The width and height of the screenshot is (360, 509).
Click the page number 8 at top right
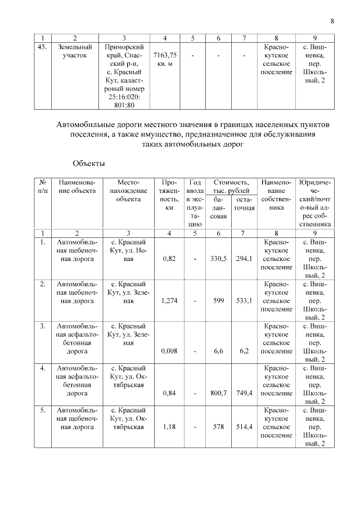point(332,21)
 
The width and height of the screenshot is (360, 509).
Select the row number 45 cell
point(41,47)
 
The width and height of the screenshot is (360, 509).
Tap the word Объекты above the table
point(88,163)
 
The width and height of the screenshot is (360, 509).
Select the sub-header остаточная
point(244,204)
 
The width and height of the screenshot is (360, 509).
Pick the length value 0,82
point(169,259)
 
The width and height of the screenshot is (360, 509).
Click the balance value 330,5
point(218,259)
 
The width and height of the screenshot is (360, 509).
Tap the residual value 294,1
point(244,259)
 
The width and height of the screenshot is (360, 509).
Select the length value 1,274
point(169,300)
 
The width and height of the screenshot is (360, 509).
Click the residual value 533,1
point(244,300)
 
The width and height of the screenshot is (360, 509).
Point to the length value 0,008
point(169,351)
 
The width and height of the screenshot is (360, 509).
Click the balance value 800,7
point(218,393)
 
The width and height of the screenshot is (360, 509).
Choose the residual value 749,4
point(244,393)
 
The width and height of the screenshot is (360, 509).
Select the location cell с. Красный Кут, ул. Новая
point(129,251)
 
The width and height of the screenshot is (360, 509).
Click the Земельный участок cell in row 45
point(73,52)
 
